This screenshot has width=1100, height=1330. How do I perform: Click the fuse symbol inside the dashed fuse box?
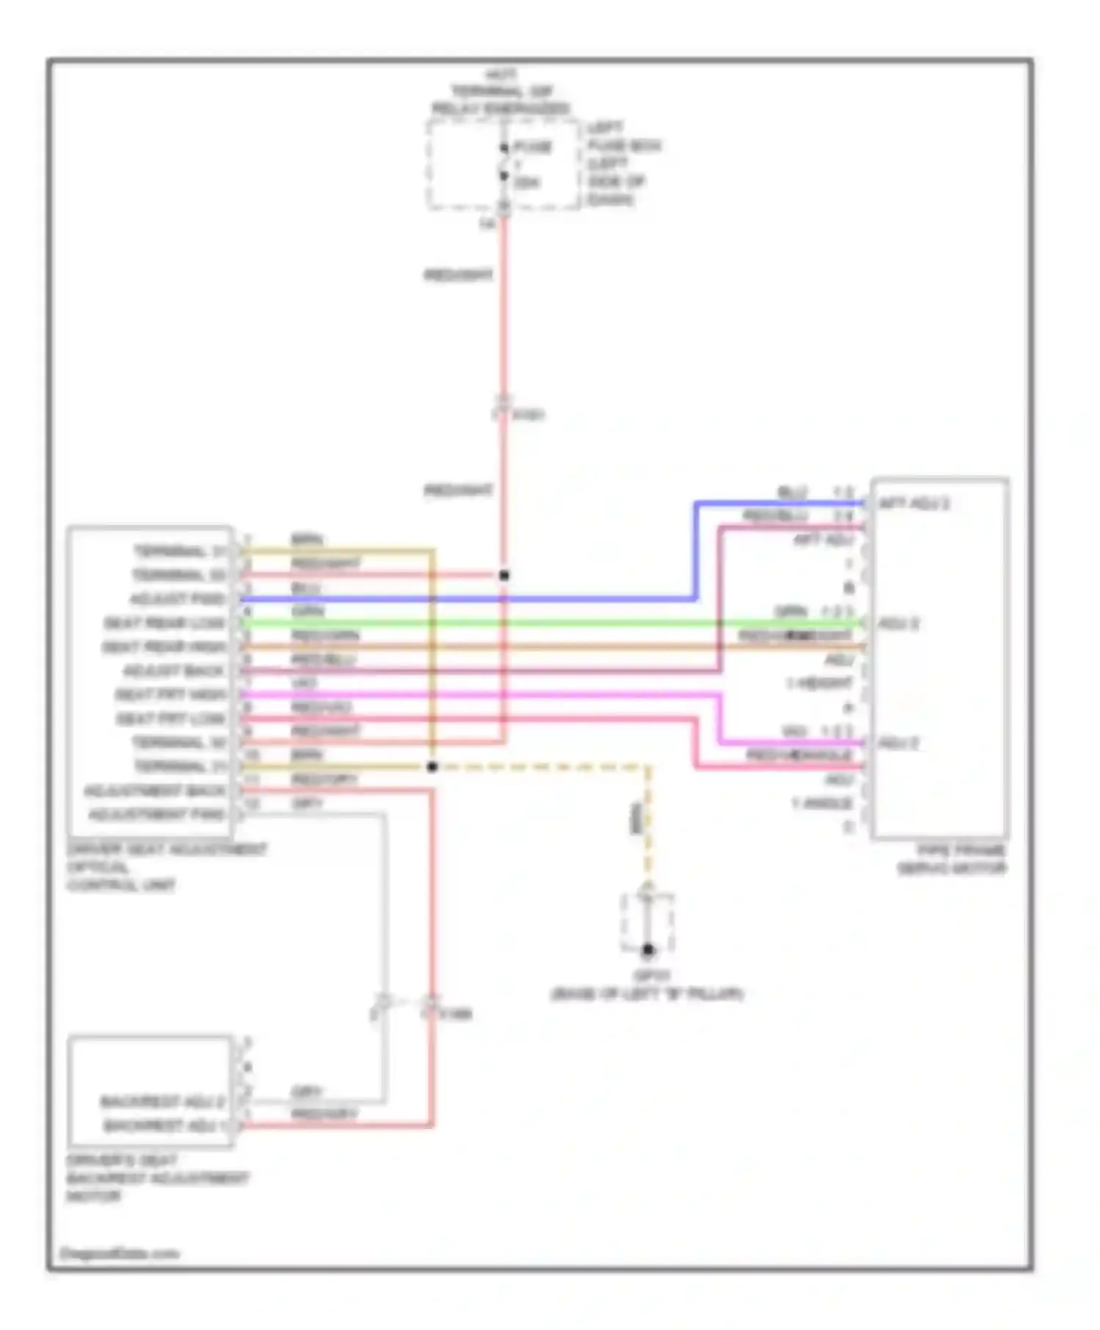point(504,163)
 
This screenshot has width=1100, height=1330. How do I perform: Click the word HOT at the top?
point(502,75)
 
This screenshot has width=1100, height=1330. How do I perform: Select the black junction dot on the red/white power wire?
point(504,576)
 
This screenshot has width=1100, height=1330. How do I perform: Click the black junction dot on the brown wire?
point(432,767)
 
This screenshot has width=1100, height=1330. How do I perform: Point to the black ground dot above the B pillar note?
point(648,950)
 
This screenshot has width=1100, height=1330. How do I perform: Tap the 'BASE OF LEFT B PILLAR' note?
point(647,995)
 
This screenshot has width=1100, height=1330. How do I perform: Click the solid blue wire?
point(469,599)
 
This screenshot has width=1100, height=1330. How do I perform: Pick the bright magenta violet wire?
point(477,694)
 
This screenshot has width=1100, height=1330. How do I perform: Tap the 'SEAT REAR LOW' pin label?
point(164,623)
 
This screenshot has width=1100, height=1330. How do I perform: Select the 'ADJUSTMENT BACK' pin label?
point(155,791)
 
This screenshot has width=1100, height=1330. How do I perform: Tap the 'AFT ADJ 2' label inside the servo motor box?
point(914,504)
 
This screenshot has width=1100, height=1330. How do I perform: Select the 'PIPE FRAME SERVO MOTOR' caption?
point(952,859)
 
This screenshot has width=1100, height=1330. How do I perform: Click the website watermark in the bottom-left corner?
point(119,1254)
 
